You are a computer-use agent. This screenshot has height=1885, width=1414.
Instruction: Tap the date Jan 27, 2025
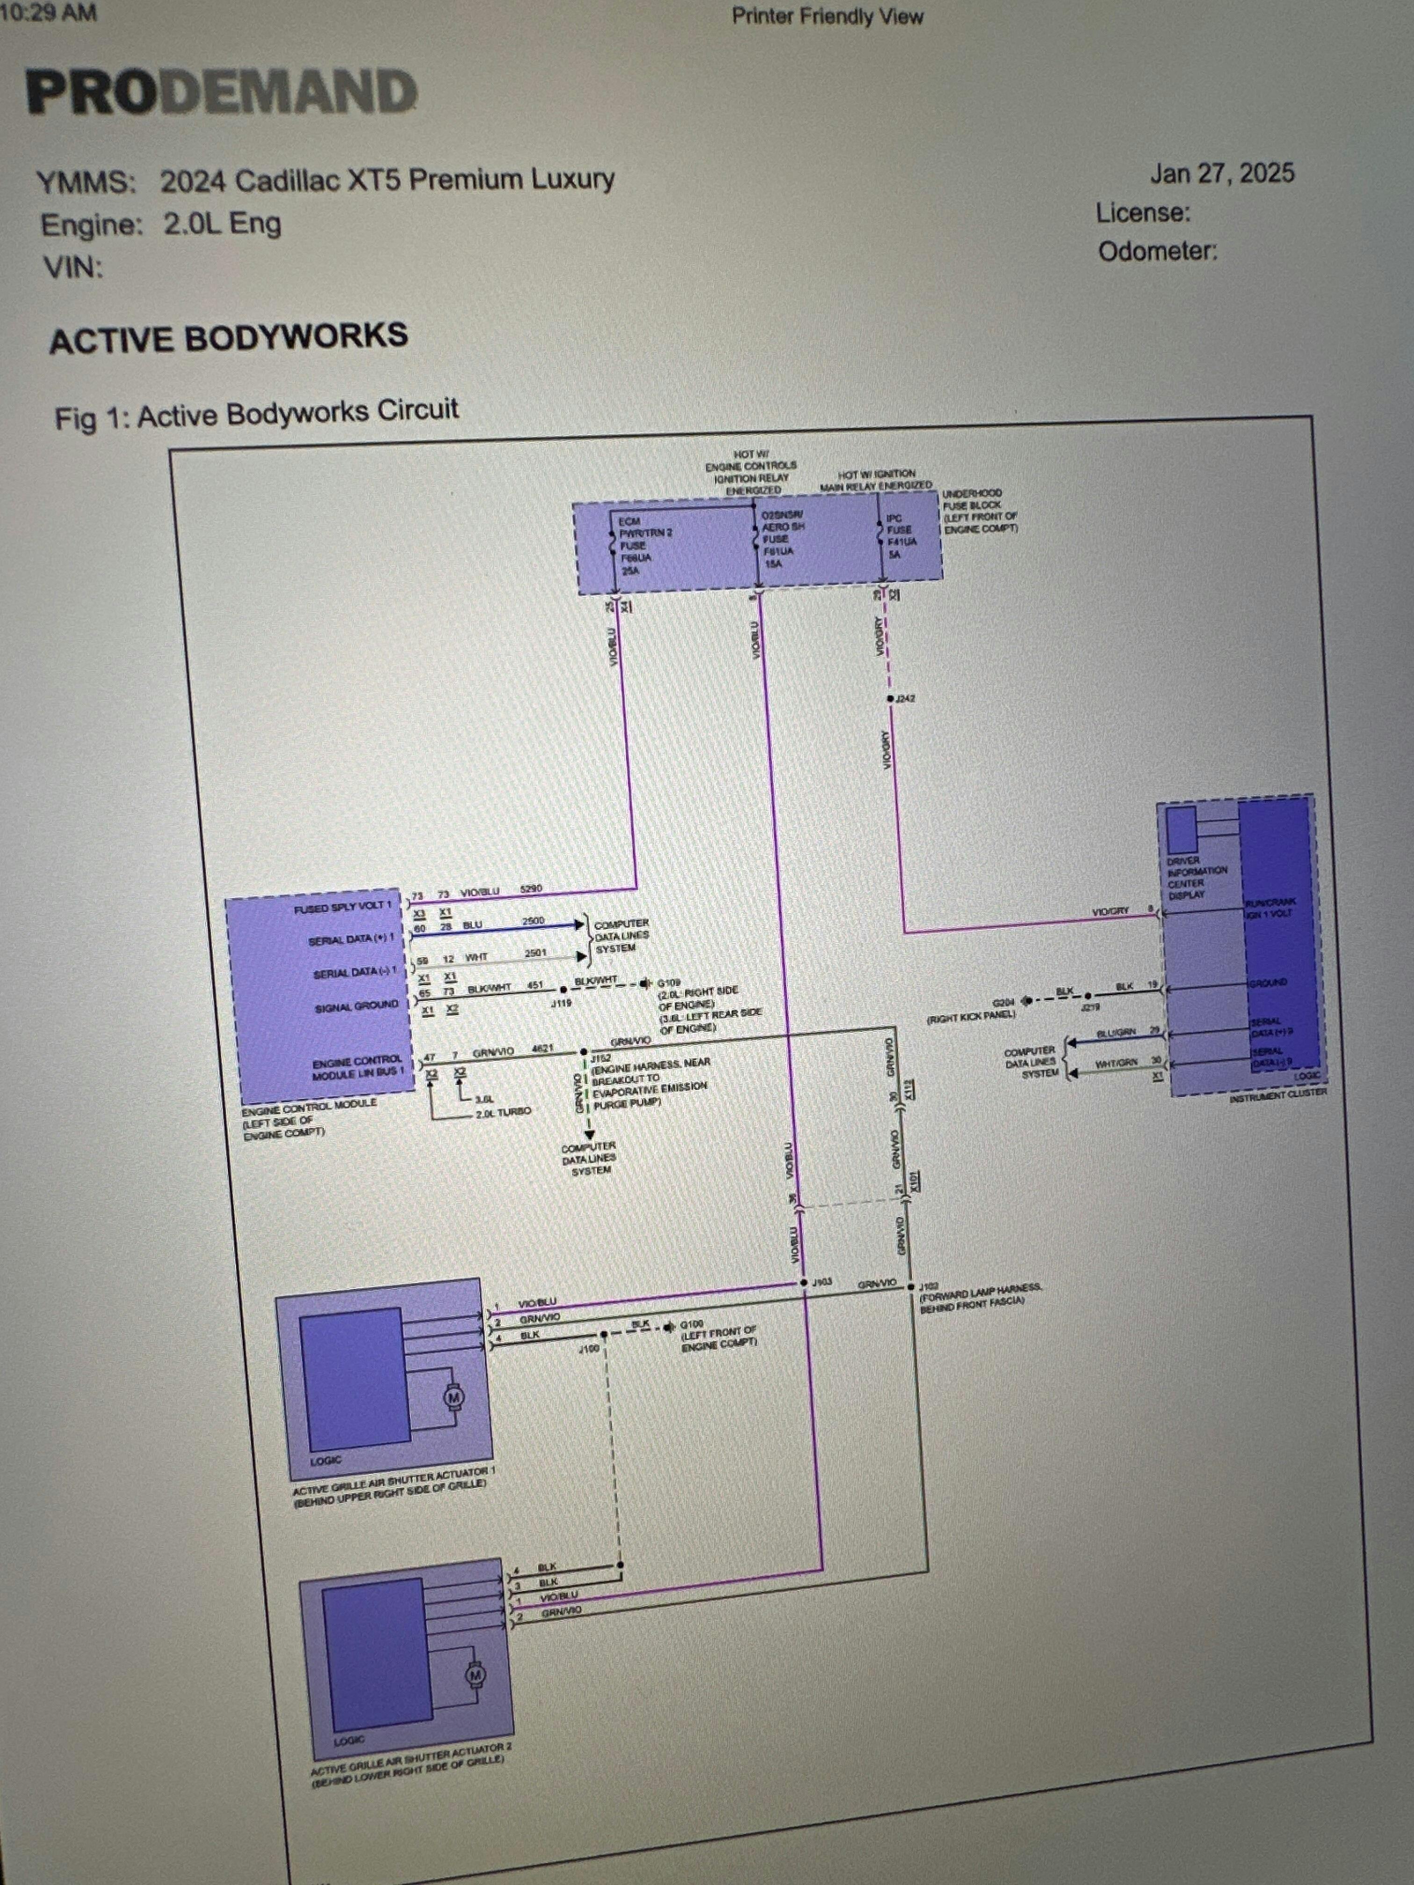[1221, 173]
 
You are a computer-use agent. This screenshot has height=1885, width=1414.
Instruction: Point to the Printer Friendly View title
[827, 16]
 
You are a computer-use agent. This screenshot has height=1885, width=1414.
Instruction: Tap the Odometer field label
[1157, 252]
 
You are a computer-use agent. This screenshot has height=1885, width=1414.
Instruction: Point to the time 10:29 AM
[49, 13]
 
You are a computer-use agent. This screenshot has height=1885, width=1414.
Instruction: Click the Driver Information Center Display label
[1197, 878]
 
